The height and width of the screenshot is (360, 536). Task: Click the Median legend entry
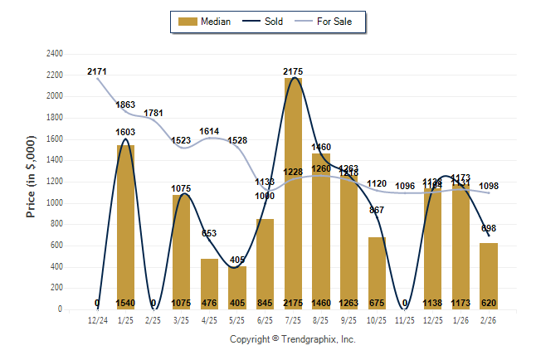tap(207, 22)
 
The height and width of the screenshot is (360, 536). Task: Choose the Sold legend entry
tap(266, 22)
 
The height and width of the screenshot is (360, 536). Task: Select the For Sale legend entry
tap(333, 22)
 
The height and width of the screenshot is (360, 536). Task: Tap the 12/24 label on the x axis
tap(98, 319)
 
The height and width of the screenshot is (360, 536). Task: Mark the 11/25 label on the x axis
tap(404, 319)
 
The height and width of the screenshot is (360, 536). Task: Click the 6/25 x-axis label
tap(265, 319)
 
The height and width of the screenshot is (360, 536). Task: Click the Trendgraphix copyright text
tap(292, 339)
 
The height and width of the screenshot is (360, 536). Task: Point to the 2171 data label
tap(97, 72)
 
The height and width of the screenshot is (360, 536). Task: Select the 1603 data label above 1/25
tap(125, 132)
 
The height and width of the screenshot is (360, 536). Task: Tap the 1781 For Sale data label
tap(154, 113)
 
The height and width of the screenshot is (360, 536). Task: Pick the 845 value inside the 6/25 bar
tap(265, 303)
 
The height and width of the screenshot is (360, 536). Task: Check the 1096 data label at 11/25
tap(404, 186)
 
